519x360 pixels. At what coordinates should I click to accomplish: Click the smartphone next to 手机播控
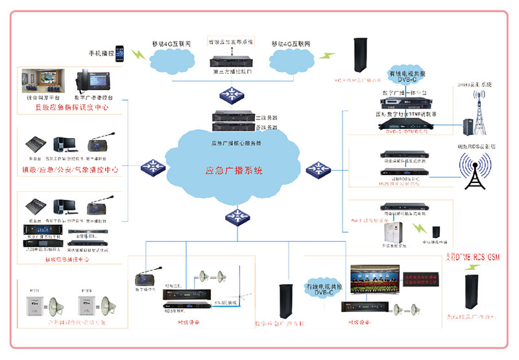pos(120,56)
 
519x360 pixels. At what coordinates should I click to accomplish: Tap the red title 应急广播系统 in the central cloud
pos(234,171)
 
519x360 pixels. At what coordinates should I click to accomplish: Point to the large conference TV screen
pos(372,277)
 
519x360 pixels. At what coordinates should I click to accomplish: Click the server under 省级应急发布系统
pos(232,62)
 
